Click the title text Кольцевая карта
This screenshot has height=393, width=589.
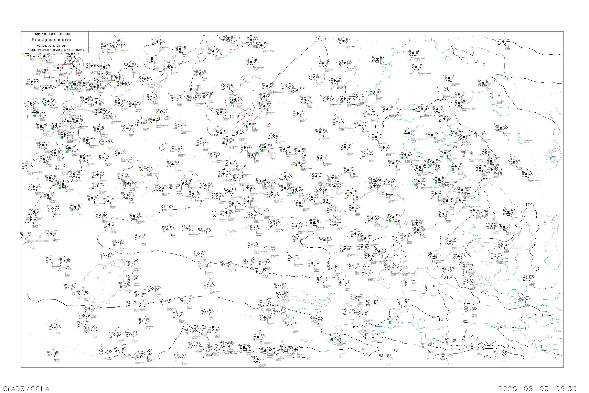coord(51,40)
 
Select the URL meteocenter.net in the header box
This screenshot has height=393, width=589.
coord(56,50)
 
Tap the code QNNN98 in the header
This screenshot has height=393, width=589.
coord(40,34)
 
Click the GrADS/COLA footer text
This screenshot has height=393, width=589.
coord(26,388)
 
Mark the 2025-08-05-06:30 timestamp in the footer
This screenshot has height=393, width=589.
coord(537,388)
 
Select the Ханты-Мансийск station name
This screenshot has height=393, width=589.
coord(276,92)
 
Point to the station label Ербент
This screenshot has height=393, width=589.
coord(57,360)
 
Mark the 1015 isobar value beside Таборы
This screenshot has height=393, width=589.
coord(234,117)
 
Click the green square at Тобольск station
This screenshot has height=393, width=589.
coord(247,127)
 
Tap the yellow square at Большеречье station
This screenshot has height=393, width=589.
coord(296,166)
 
